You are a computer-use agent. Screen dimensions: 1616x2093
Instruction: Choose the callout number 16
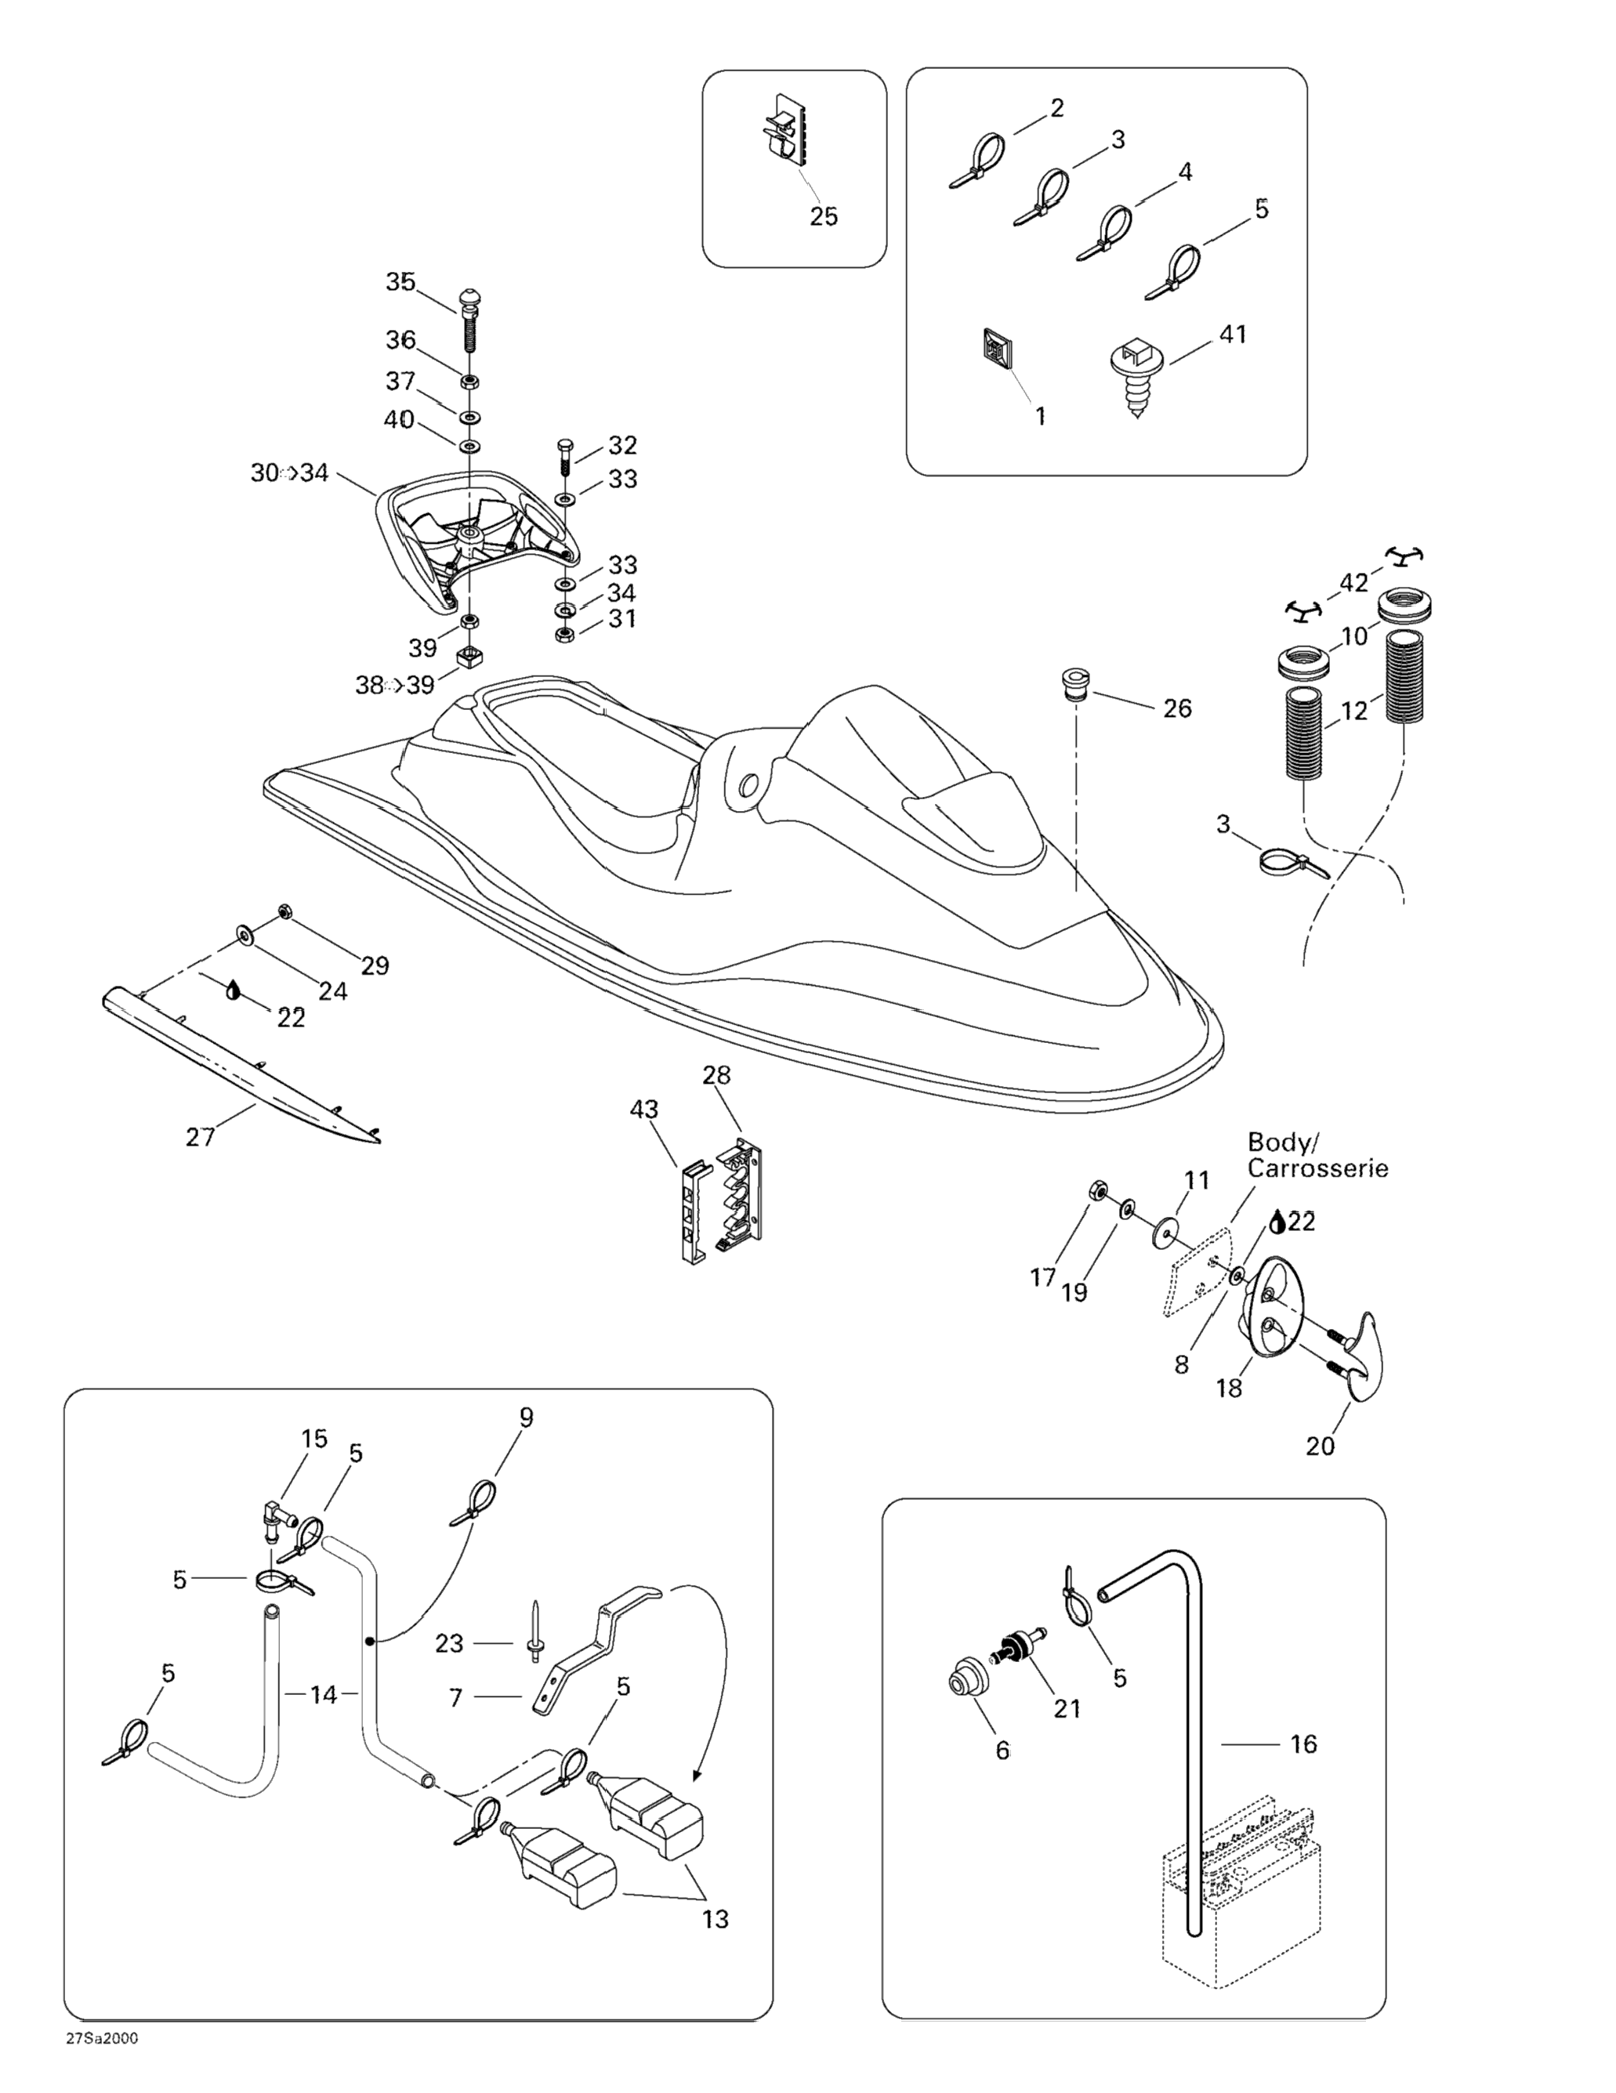[1303, 1744]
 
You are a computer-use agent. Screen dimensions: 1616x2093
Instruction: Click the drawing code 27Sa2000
[102, 2058]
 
